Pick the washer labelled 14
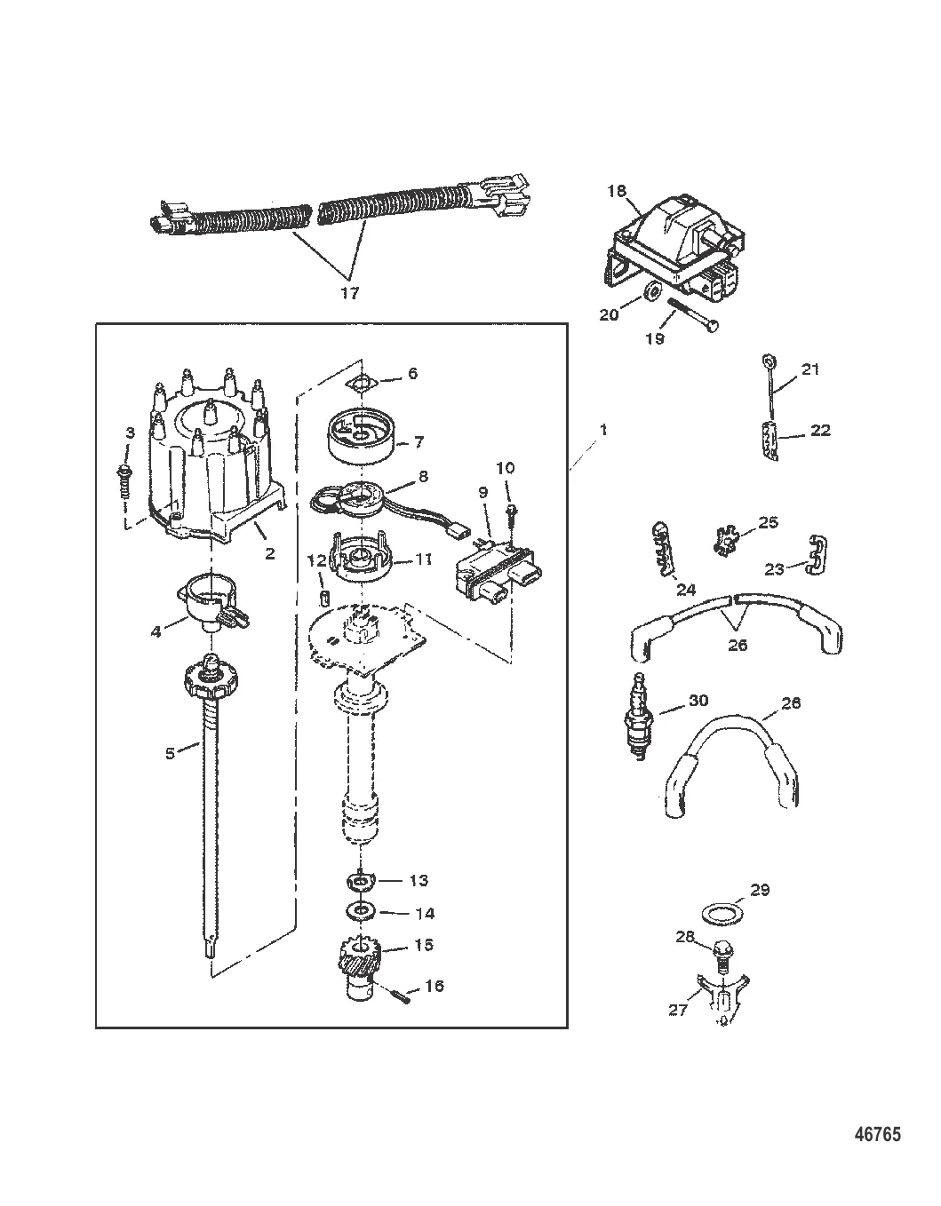click(360, 911)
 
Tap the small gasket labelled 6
click(361, 383)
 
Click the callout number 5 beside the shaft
click(170, 754)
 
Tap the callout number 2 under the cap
click(269, 553)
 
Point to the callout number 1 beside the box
click(602, 430)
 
